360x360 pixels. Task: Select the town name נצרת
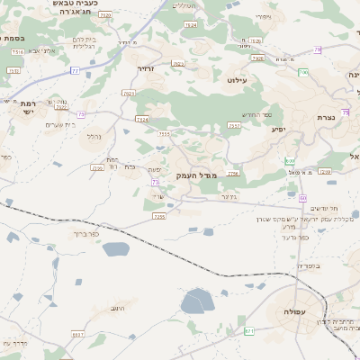[326, 118]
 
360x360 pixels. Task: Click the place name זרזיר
[144, 68]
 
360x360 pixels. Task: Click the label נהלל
[93, 137]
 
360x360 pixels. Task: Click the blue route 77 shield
[75, 69]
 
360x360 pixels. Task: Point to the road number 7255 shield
[159, 216]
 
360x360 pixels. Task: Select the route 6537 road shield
[77, 334]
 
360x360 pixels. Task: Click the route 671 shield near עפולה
[249, 331]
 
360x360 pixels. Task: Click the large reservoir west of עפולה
[197, 301]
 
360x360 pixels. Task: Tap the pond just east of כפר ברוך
[115, 249]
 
